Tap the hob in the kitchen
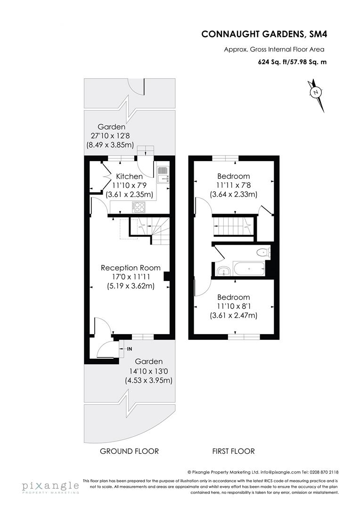(x=139, y=206)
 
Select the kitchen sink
(x=163, y=175)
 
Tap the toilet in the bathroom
(x=263, y=253)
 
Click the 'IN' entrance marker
(x=130, y=349)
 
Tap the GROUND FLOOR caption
(x=129, y=451)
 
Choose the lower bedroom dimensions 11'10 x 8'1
(x=233, y=307)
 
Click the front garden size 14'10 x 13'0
(x=149, y=371)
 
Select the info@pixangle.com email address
(x=278, y=471)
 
